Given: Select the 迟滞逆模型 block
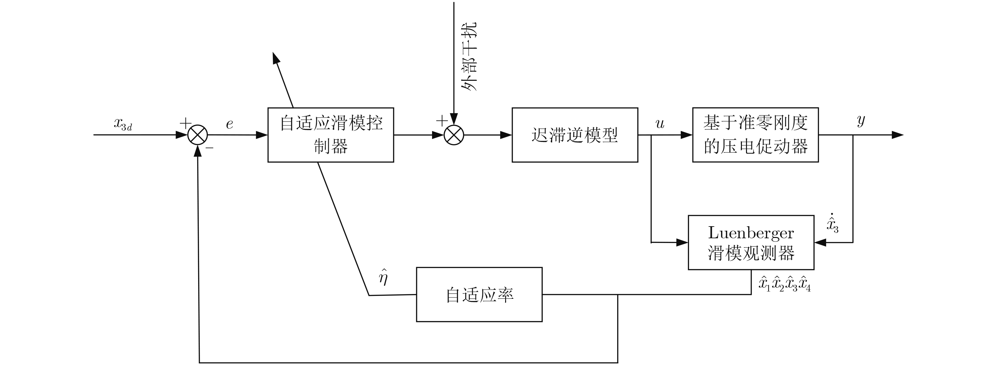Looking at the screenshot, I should (x=574, y=135).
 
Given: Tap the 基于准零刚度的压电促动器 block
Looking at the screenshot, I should (x=755, y=135).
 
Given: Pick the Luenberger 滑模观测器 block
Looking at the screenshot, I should (x=751, y=243).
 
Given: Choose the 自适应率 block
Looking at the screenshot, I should (x=479, y=294).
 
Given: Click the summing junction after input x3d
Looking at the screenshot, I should (x=198, y=135).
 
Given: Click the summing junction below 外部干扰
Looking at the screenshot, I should (x=454, y=135).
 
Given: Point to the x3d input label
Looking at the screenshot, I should (x=123, y=124).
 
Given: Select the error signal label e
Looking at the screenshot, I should (x=229, y=124).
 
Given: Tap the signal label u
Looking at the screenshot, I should (x=660, y=124).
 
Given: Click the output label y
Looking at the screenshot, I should (x=861, y=121).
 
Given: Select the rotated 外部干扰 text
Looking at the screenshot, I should (x=469, y=56).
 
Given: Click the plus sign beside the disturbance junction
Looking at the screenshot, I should (x=442, y=121).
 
